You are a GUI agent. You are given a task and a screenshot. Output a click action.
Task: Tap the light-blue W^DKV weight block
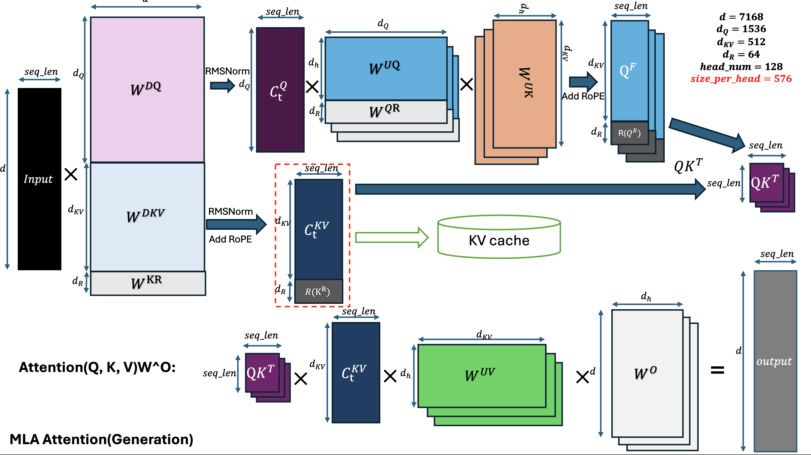tap(147, 216)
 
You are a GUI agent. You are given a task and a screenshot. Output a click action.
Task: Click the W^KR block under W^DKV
tap(147, 283)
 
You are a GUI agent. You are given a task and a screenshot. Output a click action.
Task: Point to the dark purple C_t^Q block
tap(280, 90)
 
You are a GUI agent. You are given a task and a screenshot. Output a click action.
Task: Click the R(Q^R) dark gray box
tap(629, 133)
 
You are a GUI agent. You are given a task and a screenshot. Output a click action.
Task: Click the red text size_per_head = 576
tap(741, 79)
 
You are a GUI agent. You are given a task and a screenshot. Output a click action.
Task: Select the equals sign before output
tap(717, 370)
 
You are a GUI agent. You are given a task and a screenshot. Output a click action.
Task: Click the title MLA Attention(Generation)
tap(101, 439)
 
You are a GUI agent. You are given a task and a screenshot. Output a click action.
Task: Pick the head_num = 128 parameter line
tap(741, 67)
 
